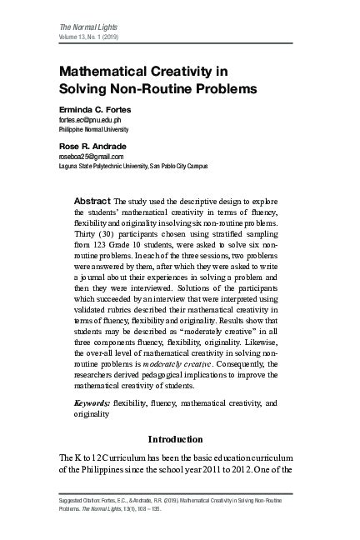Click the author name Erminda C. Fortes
(94, 110)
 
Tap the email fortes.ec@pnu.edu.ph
(94, 120)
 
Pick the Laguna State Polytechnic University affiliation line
(134, 167)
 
